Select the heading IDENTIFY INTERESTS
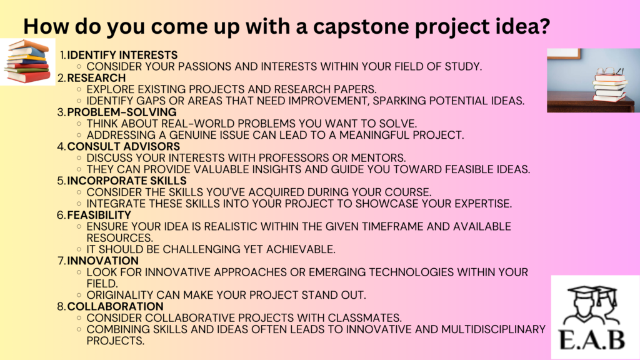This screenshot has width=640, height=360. (122, 55)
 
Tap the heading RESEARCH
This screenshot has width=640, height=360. (96, 77)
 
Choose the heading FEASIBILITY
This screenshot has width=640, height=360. (99, 215)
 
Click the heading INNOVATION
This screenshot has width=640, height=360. (102, 261)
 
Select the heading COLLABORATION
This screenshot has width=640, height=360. (115, 306)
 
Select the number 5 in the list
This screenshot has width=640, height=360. (61, 181)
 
